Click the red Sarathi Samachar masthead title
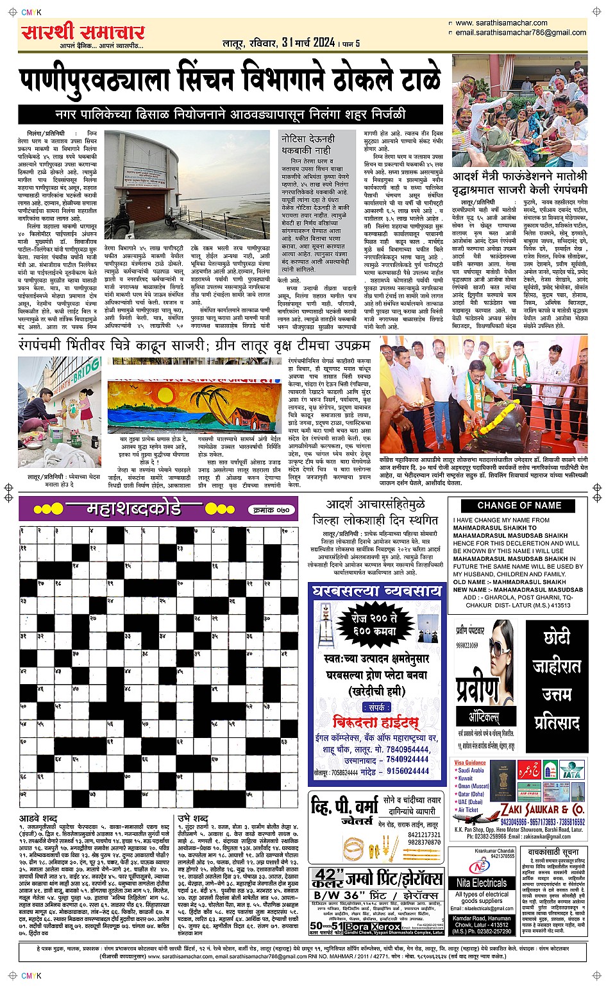click(83, 32)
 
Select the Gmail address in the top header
click(521, 33)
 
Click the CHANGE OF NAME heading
click(519, 505)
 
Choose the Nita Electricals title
click(482, 883)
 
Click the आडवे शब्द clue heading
click(38, 819)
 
